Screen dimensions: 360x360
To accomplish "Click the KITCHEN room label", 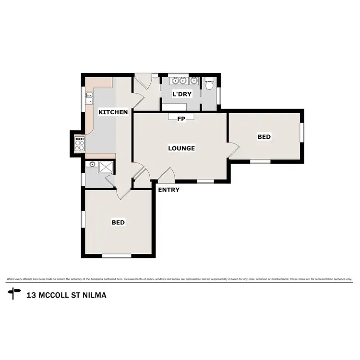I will (x=113, y=112).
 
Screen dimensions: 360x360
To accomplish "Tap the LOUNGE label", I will (x=181, y=148).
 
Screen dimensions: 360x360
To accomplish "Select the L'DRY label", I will (x=182, y=95).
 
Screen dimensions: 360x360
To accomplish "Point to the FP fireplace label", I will (x=181, y=119).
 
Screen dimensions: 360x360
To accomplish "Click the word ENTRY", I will (x=169, y=190).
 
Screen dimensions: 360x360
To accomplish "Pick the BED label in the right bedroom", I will (x=264, y=137).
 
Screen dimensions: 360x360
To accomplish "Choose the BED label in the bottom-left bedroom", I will (x=118, y=222).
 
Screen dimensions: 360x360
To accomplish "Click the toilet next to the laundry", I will (x=209, y=85).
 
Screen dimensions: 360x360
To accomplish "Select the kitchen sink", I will (x=89, y=98).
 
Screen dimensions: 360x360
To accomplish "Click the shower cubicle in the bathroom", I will (x=105, y=167).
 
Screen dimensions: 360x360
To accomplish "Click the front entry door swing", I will (x=166, y=174).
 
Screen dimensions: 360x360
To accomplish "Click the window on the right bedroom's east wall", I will (x=302, y=132).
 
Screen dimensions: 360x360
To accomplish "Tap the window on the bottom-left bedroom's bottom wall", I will (x=117, y=256).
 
